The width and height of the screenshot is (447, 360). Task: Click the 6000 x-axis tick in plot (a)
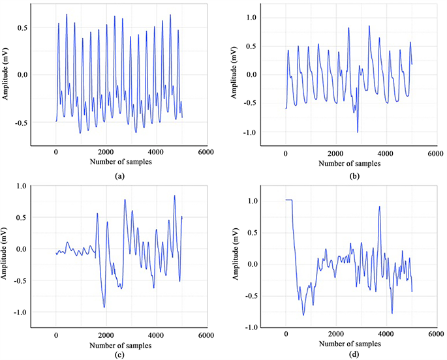(206, 153)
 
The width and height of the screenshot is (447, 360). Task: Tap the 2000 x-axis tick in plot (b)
(335, 153)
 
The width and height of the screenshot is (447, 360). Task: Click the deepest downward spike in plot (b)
(357, 132)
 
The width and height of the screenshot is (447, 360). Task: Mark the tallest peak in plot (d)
(379, 207)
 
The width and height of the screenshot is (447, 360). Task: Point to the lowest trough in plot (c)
(104, 307)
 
